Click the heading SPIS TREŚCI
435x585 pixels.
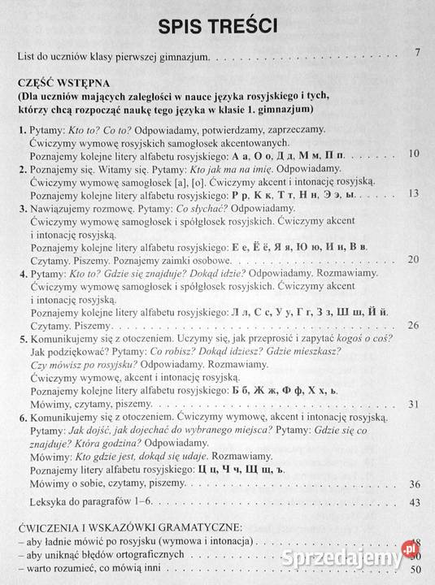click(217, 26)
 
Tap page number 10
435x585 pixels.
click(412, 153)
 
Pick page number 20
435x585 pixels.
click(412, 259)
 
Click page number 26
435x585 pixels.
click(412, 325)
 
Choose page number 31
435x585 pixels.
click(412, 404)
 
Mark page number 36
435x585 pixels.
click(412, 484)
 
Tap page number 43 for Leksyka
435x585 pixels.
click(412, 503)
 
